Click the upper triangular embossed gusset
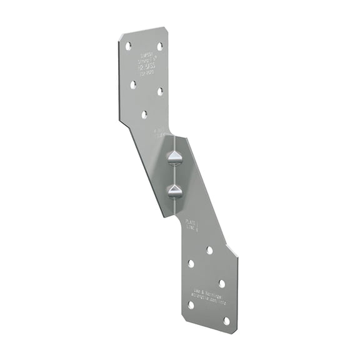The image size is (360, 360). [x=174, y=158]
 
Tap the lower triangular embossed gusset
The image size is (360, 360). [x=174, y=191]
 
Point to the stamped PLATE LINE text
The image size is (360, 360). [x=192, y=224]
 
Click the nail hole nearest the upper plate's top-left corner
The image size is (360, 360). [x=128, y=46]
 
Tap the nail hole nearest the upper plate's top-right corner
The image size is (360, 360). [x=159, y=46]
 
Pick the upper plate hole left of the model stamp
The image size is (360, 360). [x=133, y=84]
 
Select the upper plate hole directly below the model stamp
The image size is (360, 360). [x=160, y=91]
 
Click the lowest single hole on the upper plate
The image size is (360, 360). [x=144, y=114]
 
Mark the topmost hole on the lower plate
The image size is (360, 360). [x=209, y=250]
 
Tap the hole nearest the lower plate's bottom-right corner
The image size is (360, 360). [x=226, y=321]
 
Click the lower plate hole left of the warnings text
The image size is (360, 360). [x=191, y=305]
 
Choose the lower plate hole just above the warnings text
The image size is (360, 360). [x=222, y=283]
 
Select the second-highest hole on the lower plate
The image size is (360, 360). [x=191, y=264]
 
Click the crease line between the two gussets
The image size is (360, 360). [x=174, y=175]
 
